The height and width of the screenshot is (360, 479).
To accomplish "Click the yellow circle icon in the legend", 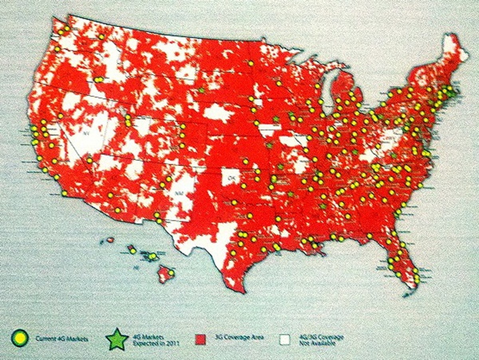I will [20, 338].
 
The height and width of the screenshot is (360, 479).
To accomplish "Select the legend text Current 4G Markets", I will [62, 339].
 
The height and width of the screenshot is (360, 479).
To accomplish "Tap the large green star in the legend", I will [117, 339].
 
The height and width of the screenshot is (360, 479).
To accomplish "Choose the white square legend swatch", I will [285, 339].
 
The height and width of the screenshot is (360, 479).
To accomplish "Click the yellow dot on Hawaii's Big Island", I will [171, 273].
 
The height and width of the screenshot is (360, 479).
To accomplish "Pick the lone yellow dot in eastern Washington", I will [101, 37].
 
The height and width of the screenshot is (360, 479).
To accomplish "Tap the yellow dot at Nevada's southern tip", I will [89, 160].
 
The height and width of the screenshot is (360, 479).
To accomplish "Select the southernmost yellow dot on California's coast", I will [64, 193].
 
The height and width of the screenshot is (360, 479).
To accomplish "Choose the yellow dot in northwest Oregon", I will [57, 49].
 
